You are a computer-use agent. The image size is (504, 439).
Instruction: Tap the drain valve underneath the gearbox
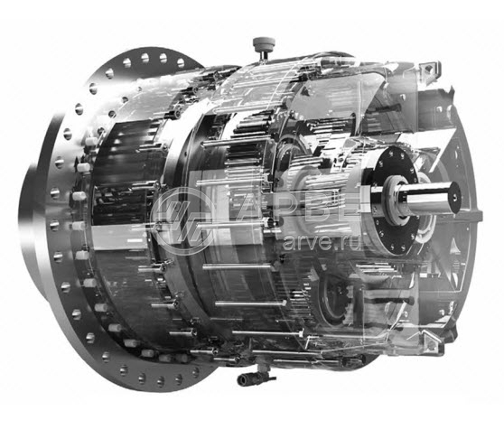pyautogui.click(x=257, y=377)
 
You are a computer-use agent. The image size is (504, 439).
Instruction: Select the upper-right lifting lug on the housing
pyautogui.click(x=430, y=70)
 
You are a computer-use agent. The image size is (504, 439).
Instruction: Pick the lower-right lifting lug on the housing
pyautogui.click(x=431, y=341)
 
